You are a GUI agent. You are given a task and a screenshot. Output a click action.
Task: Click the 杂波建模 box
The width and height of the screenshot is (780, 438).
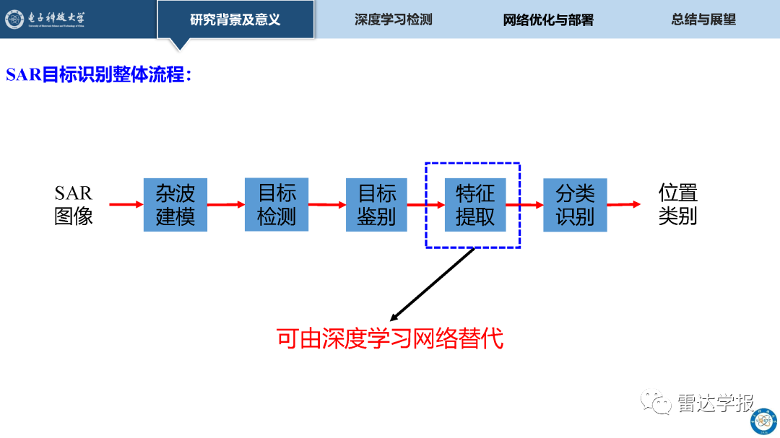click(x=175, y=205)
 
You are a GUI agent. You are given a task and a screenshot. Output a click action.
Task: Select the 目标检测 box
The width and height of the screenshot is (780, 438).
click(x=277, y=204)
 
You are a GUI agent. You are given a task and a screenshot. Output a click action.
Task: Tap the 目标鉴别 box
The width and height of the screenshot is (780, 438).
click(x=376, y=205)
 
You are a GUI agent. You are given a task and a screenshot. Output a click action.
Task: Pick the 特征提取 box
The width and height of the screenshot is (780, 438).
click(x=475, y=205)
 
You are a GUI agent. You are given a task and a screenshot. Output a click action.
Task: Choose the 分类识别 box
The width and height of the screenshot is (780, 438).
click(x=575, y=205)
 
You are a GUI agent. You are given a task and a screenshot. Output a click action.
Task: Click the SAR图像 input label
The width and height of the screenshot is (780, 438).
click(x=74, y=205)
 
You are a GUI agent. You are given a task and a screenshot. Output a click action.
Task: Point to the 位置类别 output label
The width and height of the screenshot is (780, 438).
click(x=678, y=204)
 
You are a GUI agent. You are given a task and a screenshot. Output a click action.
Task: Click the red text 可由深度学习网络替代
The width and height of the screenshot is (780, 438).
click(x=390, y=338)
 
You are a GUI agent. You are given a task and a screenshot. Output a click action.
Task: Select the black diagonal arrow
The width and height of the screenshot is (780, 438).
click(x=433, y=284)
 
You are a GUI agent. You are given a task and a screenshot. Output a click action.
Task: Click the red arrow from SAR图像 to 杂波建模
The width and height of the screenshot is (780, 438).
click(x=126, y=204)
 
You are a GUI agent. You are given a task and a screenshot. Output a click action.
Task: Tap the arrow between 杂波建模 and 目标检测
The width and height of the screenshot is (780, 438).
click(x=226, y=204)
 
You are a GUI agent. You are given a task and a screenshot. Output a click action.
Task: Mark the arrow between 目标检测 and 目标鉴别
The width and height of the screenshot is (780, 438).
click(x=327, y=205)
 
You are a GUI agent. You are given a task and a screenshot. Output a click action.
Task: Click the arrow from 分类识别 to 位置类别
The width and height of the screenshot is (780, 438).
click(x=624, y=204)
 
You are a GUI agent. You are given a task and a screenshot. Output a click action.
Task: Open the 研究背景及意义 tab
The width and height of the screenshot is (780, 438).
click(x=235, y=19)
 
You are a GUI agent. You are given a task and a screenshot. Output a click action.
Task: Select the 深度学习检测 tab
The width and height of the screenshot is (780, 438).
click(x=394, y=19)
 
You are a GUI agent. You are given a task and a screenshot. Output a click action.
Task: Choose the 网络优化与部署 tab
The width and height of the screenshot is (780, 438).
click(x=548, y=20)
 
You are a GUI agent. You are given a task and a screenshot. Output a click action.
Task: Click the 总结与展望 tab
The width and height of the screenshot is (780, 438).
click(x=703, y=19)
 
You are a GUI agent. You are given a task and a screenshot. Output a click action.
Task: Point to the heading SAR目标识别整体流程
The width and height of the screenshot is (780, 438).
click(x=98, y=74)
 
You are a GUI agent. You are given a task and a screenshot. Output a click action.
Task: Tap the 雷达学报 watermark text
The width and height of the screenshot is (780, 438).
click(x=716, y=403)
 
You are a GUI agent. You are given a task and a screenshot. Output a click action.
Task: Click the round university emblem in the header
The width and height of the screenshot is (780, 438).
click(x=14, y=19)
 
